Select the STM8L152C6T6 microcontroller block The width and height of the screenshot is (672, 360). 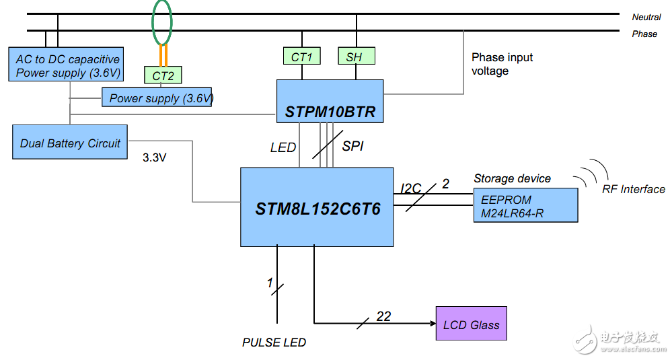pyautogui.click(x=318, y=207)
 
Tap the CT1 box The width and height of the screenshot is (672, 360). pyautogui.click(x=301, y=57)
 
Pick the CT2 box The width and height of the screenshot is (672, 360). pyautogui.click(x=163, y=75)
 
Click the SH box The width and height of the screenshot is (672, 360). pyautogui.click(x=356, y=57)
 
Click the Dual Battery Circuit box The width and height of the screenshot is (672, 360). pyautogui.click(x=70, y=143)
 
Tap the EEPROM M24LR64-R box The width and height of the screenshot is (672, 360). pyautogui.click(x=525, y=205)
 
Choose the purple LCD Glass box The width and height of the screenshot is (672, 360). pyautogui.click(x=471, y=324)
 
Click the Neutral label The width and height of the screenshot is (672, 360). pyautogui.click(x=646, y=17)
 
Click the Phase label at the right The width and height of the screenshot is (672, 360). pyautogui.click(x=644, y=34)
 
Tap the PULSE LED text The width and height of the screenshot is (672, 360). pyautogui.click(x=274, y=343)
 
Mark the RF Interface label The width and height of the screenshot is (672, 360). pyautogui.click(x=633, y=190)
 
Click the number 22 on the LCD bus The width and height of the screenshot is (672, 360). pyautogui.click(x=383, y=316)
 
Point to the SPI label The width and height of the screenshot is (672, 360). pyautogui.click(x=352, y=146)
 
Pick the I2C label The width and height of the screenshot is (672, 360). pyautogui.click(x=411, y=189)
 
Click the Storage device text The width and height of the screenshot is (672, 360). pyautogui.click(x=512, y=178)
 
